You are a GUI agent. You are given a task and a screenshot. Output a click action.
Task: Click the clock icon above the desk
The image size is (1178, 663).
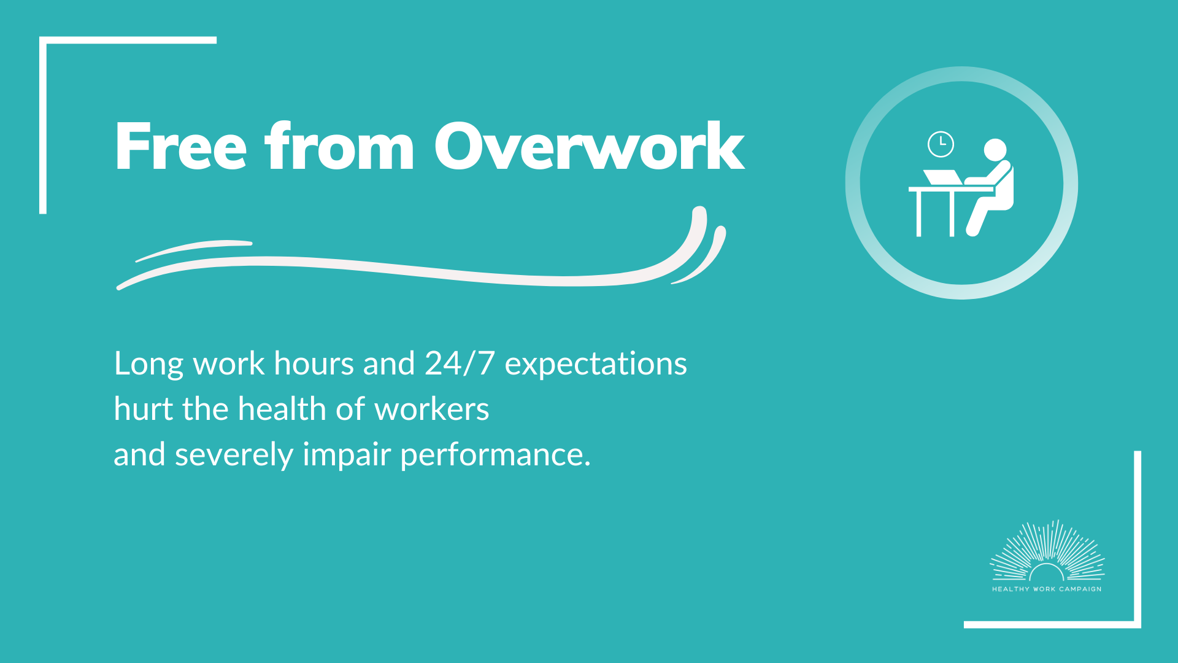tap(941, 144)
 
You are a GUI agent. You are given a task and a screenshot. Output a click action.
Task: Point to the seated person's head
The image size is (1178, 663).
tap(995, 150)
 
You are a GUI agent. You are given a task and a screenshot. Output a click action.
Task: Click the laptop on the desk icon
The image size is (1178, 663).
tap(943, 177)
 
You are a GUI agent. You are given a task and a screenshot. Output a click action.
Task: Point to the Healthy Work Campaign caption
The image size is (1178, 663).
tap(1047, 589)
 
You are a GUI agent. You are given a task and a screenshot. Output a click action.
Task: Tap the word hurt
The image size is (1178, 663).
tap(144, 408)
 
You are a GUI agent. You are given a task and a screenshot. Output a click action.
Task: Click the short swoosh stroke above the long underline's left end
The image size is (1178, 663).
tap(193, 249)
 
